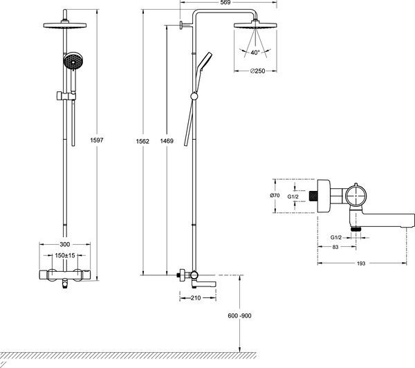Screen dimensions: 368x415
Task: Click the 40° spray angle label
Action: point(257,51)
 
